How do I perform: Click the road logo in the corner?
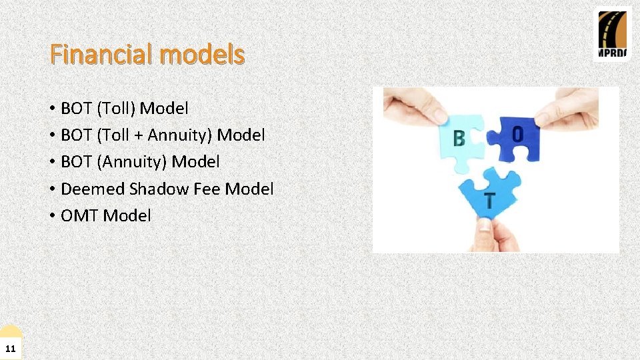612,34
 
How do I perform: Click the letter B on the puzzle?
459,139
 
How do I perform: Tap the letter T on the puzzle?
490,201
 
